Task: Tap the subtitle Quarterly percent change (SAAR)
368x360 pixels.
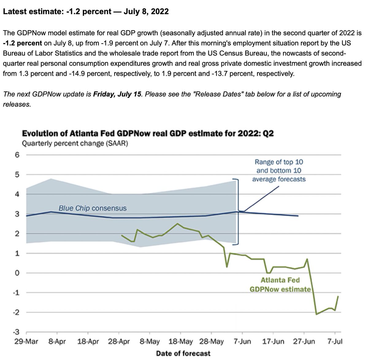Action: pyautogui.click(x=75, y=144)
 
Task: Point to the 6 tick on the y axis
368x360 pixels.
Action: pyautogui.click(x=17, y=155)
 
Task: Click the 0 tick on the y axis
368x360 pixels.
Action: pyautogui.click(x=17, y=273)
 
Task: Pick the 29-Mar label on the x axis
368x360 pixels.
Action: pyautogui.click(x=26, y=342)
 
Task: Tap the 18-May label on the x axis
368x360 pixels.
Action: pyautogui.click(x=181, y=342)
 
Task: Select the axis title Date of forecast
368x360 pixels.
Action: pyautogui.click(x=183, y=354)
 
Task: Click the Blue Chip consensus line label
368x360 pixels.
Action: pyautogui.click(x=92, y=209)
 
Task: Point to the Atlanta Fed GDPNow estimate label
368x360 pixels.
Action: pyautogui.click(x=280, y=285)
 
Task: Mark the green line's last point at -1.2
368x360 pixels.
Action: pyautogui.click(x=338, y=296)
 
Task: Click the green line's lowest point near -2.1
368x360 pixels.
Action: pyautogui.click(x=316, y=314)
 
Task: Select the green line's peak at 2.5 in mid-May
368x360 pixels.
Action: pyautogui.click(x=177, y=224)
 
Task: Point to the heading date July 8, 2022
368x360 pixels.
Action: pyautogui.click(x=146, y=12)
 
